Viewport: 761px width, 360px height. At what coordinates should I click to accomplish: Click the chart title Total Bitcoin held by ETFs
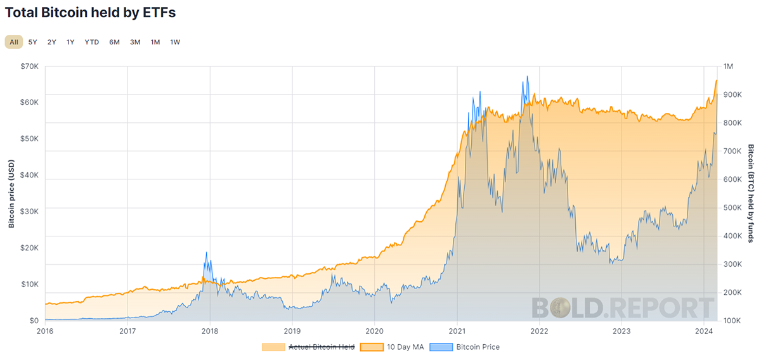coord(90,13)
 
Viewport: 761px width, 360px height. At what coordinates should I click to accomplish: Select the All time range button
coord(14,42)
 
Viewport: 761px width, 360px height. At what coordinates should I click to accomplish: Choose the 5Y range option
coord(32,42)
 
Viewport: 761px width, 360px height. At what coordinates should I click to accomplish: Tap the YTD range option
coord(92,42)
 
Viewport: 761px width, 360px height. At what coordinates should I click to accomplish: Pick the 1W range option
coord(175,42)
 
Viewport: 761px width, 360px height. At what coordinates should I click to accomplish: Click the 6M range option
coord(115,42)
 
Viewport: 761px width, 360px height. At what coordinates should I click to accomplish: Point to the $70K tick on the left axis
coord(30,66)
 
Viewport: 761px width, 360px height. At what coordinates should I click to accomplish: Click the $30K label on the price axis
coord(30,212)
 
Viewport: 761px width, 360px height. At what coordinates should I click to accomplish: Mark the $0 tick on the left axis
coord(34,321)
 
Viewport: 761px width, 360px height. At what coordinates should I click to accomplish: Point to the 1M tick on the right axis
coord(728,66)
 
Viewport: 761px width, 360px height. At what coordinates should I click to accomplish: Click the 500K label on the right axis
coord(732,207)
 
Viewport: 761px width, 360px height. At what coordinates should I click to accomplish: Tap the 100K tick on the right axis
coord(732,321)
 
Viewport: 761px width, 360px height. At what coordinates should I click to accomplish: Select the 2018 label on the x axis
coord(210,331)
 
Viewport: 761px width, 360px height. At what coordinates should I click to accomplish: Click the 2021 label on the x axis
coord(457,331)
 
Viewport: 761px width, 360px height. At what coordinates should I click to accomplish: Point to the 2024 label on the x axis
coord(704,331)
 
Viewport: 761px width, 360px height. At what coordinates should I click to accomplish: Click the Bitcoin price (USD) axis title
coord(11,194)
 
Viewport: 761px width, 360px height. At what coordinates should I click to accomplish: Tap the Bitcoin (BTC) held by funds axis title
coord(751,193)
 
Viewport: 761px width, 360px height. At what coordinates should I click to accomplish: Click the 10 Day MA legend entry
coord(392,347)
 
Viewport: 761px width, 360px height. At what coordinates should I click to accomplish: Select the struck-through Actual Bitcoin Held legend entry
coord(308,347)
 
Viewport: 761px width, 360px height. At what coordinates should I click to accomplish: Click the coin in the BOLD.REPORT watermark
coord(560,308)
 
